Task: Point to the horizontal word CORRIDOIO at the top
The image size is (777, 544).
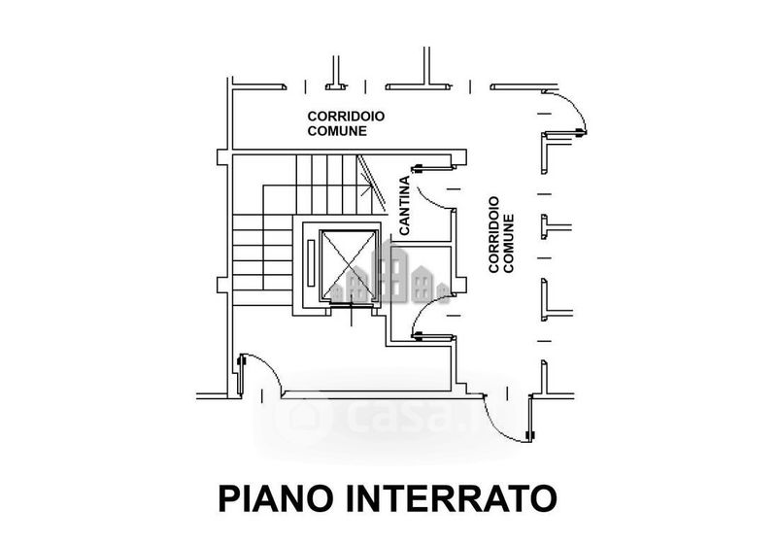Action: pyautogui.click(x=346, y=116)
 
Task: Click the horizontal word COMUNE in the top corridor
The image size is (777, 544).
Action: pyautogui.click(x=337, y=131)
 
